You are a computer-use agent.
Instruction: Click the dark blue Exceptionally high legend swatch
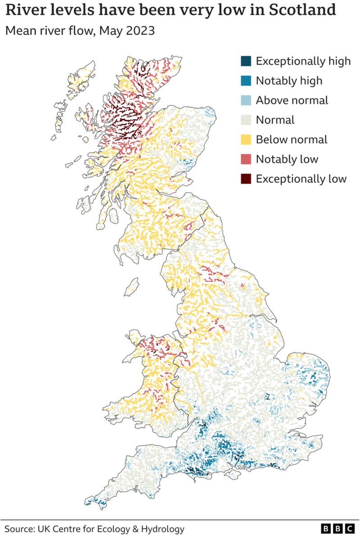click(246, 61)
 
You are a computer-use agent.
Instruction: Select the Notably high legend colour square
click(246, 81)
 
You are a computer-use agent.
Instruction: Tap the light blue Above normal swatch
click(246, 100)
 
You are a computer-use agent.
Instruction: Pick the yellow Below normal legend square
click(246, 140)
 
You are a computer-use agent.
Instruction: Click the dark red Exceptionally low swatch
click(246, 179)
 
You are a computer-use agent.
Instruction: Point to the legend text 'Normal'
click(275, 120)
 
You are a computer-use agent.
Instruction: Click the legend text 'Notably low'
click(287, 159)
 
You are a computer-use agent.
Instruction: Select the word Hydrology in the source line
click(162, 528)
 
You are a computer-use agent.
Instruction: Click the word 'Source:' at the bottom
click(20, 528)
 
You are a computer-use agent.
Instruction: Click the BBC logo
click(337, 528)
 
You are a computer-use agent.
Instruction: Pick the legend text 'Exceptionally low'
click(301, 179)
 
